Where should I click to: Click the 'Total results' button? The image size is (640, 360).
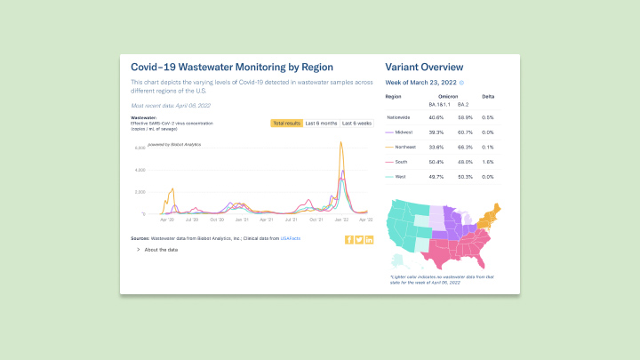(286, 123)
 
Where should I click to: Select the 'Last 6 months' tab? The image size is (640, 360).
(321, 123)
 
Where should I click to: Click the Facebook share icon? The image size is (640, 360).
(349, 239)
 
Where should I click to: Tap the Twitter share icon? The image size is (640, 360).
(359, 239)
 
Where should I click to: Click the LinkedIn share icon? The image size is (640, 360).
(369, 239)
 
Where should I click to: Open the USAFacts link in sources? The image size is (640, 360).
(291, 239)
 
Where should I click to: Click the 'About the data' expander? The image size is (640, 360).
(157, 250)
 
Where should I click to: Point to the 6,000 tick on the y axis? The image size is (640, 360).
(140, 148)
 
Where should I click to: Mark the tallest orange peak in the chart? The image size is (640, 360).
(340, 143)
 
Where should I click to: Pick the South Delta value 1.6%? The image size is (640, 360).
(487, 161)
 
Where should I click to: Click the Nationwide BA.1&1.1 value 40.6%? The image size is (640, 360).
(436, 116)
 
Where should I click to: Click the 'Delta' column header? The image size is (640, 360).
(488, 96)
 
